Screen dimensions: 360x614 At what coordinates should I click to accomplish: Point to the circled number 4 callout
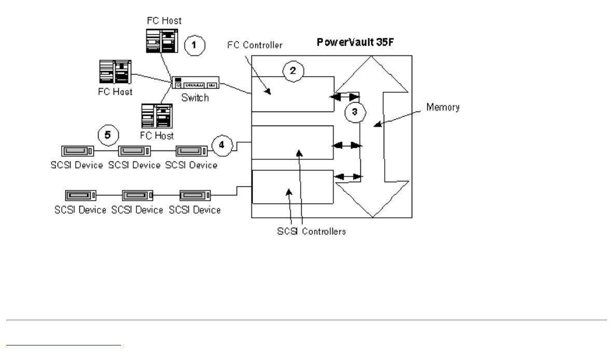[221, 146]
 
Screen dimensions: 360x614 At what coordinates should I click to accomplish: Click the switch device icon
[197, 82]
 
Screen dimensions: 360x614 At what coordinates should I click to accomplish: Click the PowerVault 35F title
[351, 41]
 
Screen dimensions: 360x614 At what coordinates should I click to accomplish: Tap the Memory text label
[444, 108]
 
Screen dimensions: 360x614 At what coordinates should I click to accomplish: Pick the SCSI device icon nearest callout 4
[192, 151]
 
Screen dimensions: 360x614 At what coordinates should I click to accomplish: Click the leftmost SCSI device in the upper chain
[77, 151]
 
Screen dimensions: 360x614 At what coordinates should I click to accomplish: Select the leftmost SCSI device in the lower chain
[80, 196]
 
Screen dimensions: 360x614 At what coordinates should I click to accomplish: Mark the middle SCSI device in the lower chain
[137, 196]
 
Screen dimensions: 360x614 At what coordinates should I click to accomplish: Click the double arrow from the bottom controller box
[348, 177]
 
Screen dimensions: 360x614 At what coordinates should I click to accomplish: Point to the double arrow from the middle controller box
[348, 147]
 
